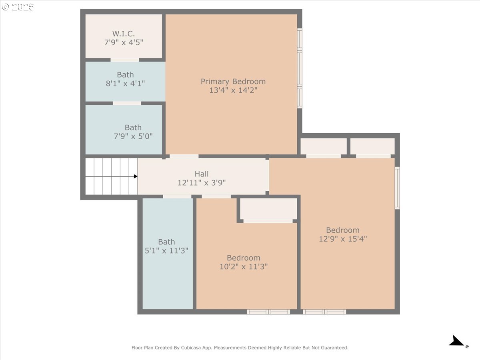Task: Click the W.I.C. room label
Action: pos(124,34)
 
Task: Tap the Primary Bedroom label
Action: pos(233,82)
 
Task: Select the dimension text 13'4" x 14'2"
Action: pos(233,90)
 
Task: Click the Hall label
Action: pos(202,174)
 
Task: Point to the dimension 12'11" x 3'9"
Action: pos(202,183)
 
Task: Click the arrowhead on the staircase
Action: pos(136,176)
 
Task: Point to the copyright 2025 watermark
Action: pos(18,7)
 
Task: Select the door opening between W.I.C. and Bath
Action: pos(125,60)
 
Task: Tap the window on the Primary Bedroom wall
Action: pos(300,68)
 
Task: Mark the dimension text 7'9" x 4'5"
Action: pos(124,42)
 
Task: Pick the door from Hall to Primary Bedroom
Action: pos(184,156)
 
